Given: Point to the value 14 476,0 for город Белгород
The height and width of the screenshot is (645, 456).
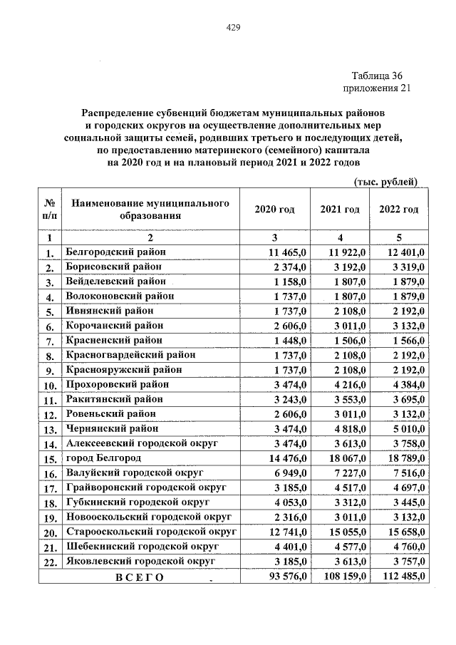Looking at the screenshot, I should [286, 458].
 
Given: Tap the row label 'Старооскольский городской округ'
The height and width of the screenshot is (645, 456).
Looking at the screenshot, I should [151, 532].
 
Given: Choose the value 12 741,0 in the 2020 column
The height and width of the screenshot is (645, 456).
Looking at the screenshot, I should [286, 532].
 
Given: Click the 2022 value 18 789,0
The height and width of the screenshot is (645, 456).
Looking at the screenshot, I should [404, 458].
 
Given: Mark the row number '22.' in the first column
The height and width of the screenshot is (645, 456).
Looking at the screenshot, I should [50, 562].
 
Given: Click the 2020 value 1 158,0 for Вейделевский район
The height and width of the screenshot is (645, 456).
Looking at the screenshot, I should [289, 282].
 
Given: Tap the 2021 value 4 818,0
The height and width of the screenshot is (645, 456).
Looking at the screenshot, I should [347, 428].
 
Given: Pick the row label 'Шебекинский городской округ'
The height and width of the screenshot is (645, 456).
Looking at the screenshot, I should [142, 546].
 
